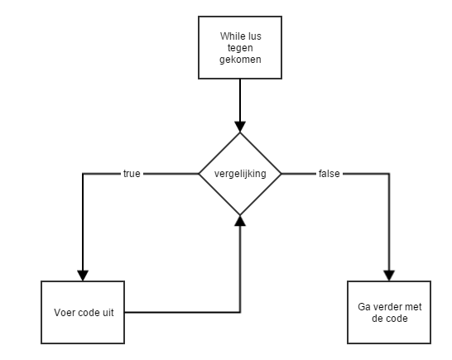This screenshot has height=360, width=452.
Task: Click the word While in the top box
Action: click(x=230, y=36)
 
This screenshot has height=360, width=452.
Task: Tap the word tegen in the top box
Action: click(x=240, y=49)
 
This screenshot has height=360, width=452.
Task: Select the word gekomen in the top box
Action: click(x=240, y=60)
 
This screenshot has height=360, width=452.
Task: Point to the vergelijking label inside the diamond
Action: click(x=240, y=174)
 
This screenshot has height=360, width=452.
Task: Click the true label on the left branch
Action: click(x=132, y=174)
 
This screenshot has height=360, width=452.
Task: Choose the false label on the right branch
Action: click(x=329, y=174)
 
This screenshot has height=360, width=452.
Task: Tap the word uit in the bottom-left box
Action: click(x=108, y=313)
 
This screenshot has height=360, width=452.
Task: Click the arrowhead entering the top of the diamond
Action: click(x=240, y=127)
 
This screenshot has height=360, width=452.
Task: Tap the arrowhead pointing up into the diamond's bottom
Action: click(x=240, y=220)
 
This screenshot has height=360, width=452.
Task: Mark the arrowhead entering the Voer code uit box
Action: click(x=83, y=276)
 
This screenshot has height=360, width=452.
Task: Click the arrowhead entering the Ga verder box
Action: click(x=389, y=276)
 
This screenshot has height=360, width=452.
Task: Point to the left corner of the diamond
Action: click(x=199, y=174)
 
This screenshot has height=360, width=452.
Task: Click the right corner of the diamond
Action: click(x=281, y=174)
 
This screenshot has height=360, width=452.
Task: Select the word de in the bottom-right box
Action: click(x=377, y=319)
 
